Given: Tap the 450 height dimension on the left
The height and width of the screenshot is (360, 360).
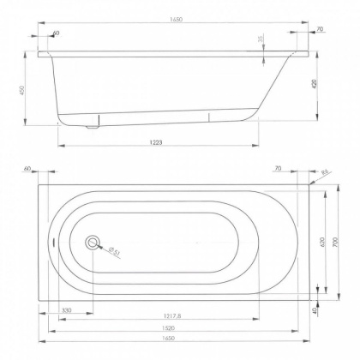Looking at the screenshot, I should point(27,91).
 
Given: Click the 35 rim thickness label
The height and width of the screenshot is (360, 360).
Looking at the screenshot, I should point(261,40).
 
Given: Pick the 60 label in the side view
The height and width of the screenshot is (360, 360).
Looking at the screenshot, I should point(56,33).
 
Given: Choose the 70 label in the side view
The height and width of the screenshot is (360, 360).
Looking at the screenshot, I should point(320,29).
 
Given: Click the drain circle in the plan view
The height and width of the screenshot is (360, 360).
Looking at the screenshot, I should point(93,243).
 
